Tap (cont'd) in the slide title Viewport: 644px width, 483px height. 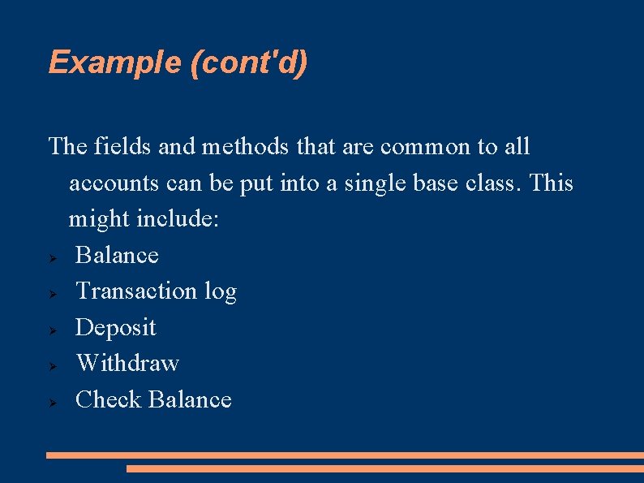pos(248,63)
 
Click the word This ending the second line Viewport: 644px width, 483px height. pos(551,183)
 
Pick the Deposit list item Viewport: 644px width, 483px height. pos(115,327)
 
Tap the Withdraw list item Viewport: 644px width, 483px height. pos(127,363)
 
